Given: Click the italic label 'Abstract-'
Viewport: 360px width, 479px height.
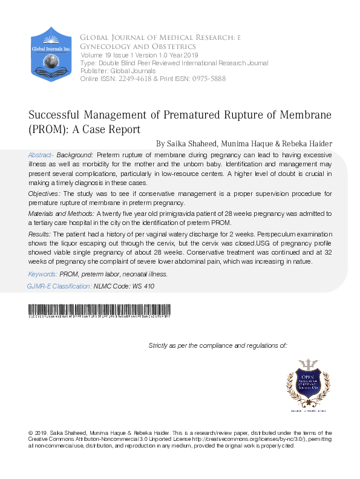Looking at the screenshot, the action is [x=41, y=155].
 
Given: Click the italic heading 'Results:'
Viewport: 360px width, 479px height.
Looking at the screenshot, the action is [x=39, y=233].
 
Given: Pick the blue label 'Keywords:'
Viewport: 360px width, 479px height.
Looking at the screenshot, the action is [x=44, y=274].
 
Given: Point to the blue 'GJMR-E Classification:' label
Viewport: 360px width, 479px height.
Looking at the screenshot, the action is [x=59, y=285].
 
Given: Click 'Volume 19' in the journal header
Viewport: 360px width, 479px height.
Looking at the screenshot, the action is [x=94, y=55].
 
